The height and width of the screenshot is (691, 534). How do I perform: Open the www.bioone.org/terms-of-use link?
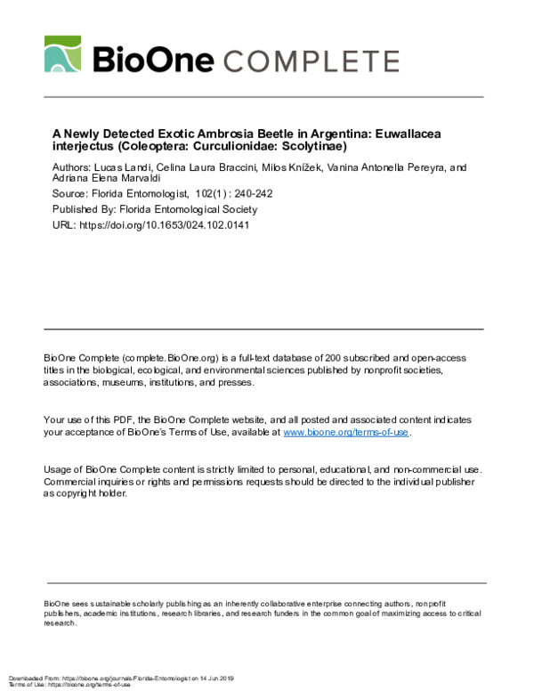[346, 432]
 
